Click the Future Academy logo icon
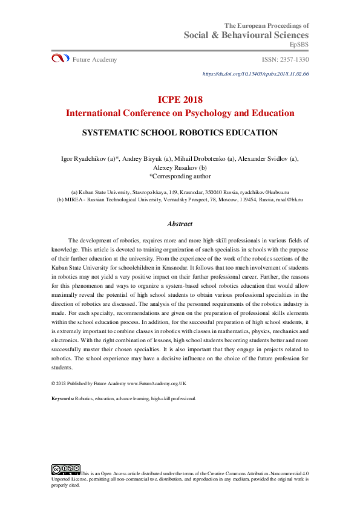point(59,59)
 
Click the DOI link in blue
point(256,74)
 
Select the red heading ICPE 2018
point(180,100)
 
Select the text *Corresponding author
point(180,177)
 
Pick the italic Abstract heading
point(180,224)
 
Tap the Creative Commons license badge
point(65,469)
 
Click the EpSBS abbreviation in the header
point(299,44)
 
